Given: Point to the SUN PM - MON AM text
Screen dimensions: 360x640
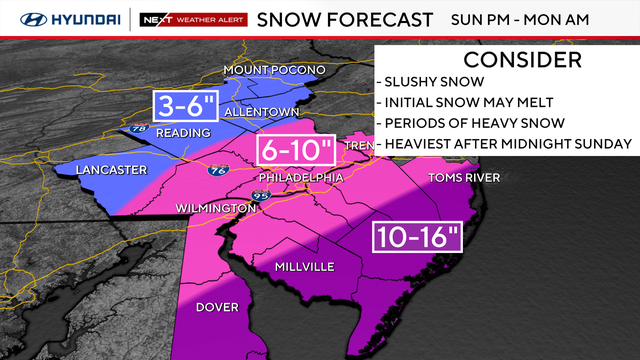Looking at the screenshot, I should tap(533, 18).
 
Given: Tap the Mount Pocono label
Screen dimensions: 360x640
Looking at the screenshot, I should tap(273, 70).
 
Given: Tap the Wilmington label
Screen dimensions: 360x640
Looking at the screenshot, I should tap(215, 207).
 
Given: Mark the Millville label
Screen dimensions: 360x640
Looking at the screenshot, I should tap(306, 266).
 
